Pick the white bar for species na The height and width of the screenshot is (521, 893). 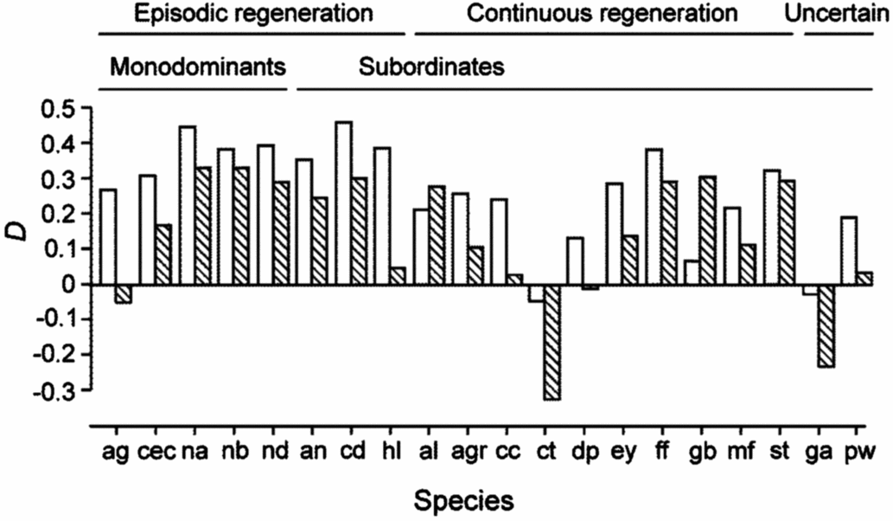[x=188, y=205]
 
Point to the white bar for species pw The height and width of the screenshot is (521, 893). [x=849, y=250]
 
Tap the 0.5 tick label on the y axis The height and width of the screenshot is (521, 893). [x=59, y=108]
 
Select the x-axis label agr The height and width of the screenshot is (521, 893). [x=472, y=451]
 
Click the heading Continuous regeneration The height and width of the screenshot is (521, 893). [x=603, y=14]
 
